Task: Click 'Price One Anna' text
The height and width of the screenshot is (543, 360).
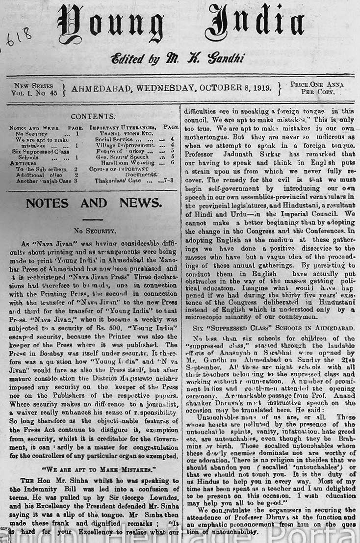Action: point(316,84)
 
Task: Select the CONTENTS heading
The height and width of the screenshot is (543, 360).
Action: point(93,116)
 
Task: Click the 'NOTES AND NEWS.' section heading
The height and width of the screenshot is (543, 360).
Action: point(93,203)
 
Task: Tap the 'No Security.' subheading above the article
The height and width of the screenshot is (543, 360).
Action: point(94,230)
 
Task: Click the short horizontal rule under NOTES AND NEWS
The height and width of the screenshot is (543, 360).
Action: point(93,219)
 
